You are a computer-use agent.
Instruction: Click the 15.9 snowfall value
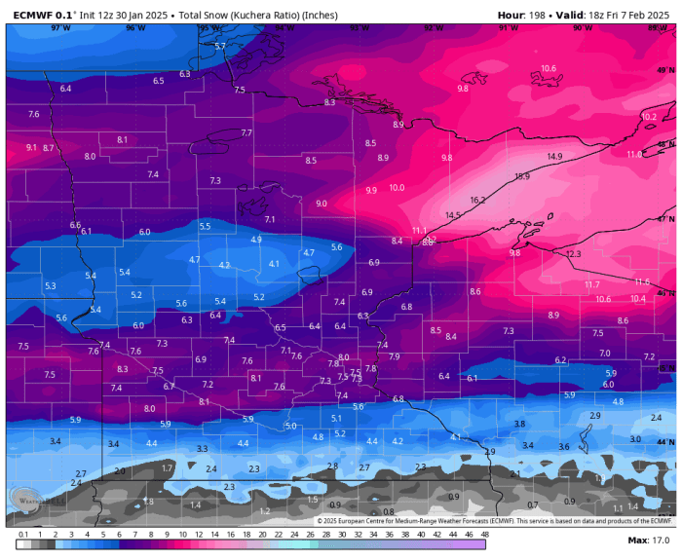coord(522,176)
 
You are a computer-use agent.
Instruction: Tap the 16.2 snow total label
coord(477,200)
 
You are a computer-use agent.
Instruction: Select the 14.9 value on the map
coord(554,157)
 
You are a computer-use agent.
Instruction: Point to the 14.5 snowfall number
coord(453,215)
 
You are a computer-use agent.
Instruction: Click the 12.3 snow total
coord(573,254)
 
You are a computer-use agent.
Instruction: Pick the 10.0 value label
coord(397,188)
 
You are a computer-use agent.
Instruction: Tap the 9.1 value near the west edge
coord(31,147)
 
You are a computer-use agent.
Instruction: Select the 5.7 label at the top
coord(219,46)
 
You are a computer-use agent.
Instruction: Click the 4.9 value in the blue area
coord(256,240)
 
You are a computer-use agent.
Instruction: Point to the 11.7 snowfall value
coord(591,284)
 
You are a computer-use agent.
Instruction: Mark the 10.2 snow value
coord(649,116)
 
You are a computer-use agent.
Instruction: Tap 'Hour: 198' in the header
coord(523,15)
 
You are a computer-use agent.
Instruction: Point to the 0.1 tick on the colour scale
coord(22,534)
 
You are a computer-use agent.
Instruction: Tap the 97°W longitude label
coord(60,28)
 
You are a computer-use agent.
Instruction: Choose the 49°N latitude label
coord(664,70)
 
